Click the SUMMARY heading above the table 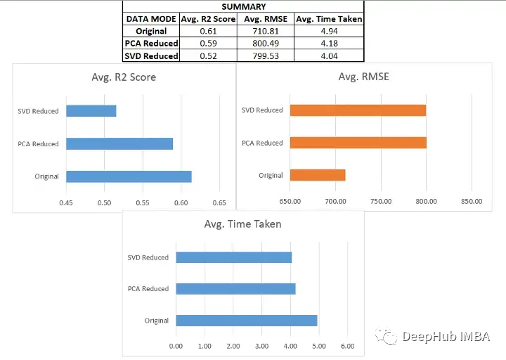tap(244, 6)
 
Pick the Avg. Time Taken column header tap(329, 19)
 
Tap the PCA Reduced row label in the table tap(151, 44)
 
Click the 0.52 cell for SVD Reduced tap(208, 56)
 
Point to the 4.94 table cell tap(329, 31)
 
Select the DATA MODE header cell tap(151, 19)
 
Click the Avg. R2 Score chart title tap(124, 77)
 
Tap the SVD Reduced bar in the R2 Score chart tap(91, 110)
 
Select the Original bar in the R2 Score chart tap(129, 176)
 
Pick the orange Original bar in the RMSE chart tap(317, 175)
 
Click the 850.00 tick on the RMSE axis tap(471, 201)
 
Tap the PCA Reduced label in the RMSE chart tap(262, 143)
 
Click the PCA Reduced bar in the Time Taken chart tap(235, 289)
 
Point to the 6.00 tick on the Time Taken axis tap(347, 346)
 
